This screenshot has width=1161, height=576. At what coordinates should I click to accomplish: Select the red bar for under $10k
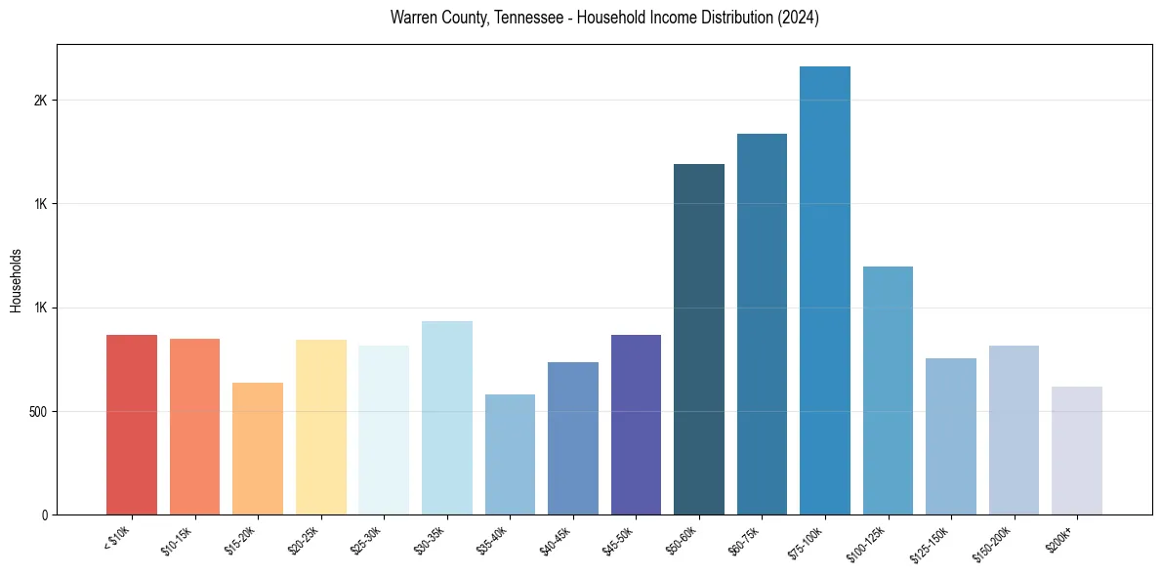click(132, 425)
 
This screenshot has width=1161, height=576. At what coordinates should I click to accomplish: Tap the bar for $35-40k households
click(510, 454)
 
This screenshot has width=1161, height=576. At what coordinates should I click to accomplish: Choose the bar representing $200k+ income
click(1077, 450)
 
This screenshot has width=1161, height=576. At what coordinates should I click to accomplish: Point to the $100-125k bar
click(888, 391)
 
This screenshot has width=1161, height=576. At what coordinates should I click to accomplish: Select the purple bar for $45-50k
click(636, 425)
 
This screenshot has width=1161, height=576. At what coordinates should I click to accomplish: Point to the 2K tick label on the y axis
click(41, 101)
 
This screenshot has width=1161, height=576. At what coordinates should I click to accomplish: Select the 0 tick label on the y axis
click(45, 514)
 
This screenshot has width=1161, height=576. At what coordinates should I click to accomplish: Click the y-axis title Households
click(16, 279)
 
